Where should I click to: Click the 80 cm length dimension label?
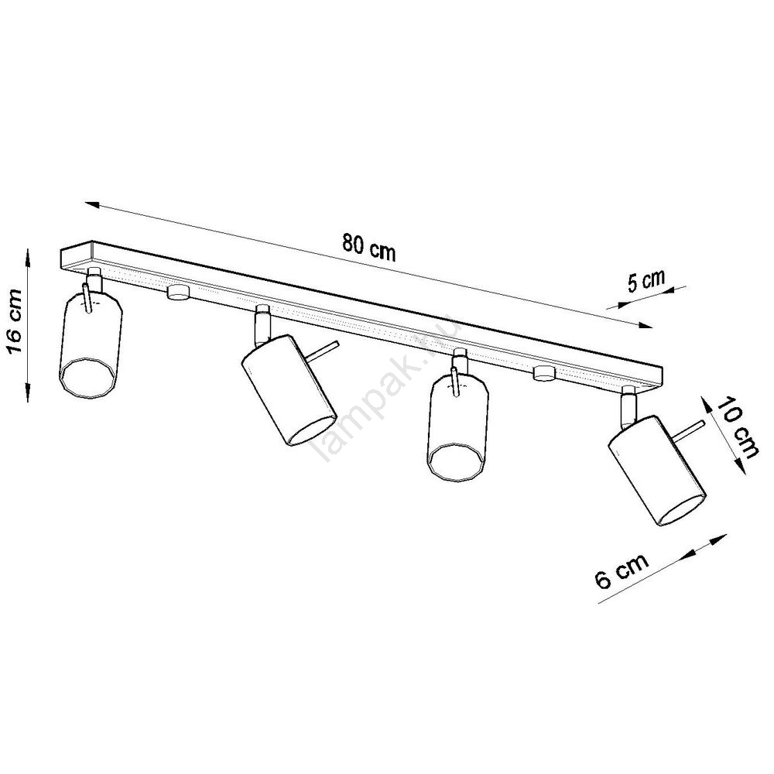tap(369, 247)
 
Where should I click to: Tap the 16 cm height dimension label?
tap(14, 321)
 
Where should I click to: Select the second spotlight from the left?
tap(289, 390)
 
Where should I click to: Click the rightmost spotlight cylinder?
tap(656, 470)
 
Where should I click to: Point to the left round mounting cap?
tap(178, 293)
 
